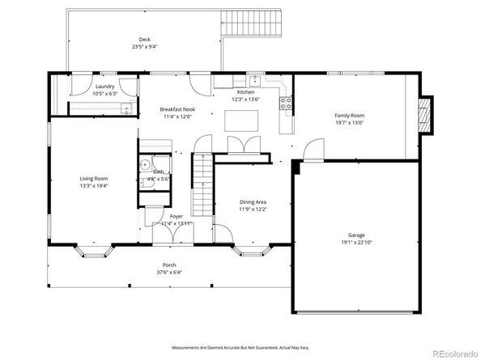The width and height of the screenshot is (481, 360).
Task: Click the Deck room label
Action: pos(144,39)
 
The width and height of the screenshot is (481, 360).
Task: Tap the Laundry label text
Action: pos(104,86)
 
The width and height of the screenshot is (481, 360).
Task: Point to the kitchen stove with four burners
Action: pos(286,102)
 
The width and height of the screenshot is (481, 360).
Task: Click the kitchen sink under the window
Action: pos(254,80)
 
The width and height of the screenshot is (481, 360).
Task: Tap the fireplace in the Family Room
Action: pos(424,116)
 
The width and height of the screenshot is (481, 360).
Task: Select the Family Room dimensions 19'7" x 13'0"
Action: pos(350,123)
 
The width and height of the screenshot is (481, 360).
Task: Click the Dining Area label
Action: pos(253,201)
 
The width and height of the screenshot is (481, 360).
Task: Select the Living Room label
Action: pos(94,178)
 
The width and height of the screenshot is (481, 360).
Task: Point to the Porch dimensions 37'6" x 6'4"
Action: pos(169,272)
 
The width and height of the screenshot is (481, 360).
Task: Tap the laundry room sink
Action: pos(126,106)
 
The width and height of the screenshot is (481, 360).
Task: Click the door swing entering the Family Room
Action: pos(313,150)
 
